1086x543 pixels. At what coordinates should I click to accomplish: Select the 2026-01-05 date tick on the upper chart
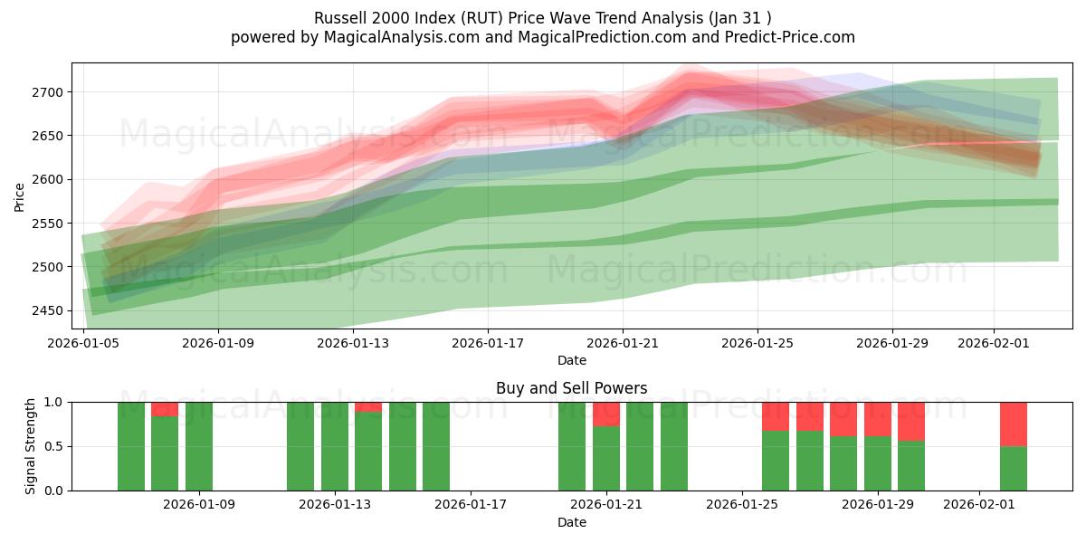click(x=84, y=343)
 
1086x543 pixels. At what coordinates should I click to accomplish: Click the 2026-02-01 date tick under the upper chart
click(x=994, y=343)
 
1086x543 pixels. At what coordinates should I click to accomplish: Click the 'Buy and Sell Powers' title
click(x=571, y=388)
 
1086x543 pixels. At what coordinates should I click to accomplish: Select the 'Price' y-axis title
click(x=20, y=196)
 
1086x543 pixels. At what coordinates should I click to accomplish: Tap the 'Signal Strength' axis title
click(x=31, y=445)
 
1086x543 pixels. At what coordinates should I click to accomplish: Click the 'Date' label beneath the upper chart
click(x=571, y=360)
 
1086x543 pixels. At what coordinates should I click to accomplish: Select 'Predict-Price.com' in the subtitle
click(x=792, y=37)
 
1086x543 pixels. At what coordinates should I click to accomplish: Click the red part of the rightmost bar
click(x=1013, y=424)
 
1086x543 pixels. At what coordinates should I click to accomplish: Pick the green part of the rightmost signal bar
click(x=1013, y=469)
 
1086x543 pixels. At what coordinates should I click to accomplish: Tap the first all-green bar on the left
click(x=131, y=446)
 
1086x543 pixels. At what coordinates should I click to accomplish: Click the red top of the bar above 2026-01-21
click(x=606, y=414)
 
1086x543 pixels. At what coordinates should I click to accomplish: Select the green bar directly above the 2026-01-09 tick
click(x=199, y=446)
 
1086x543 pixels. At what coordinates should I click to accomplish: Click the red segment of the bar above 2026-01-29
click(x=878, y=418)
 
